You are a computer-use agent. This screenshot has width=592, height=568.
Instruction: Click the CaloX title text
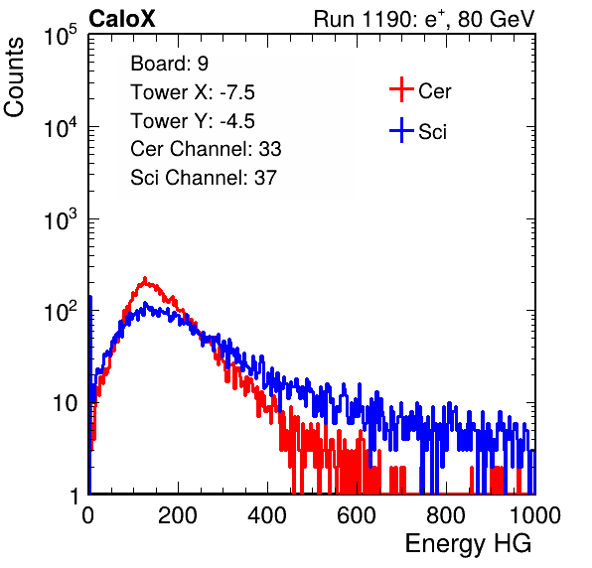(122, 19)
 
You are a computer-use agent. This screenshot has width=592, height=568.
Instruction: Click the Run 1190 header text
(424, 19)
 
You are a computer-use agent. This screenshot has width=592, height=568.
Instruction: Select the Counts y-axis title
(14, 77)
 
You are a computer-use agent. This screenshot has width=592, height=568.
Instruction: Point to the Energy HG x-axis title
(468, 544)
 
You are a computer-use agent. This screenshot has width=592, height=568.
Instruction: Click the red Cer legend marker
(401, 89)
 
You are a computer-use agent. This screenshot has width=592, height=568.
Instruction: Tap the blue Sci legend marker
(401, 131)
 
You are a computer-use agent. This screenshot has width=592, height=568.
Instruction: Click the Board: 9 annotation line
(169, 64)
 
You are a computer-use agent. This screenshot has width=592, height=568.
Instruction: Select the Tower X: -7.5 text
(193, 92)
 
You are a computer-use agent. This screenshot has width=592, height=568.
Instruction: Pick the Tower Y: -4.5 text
(193, 121)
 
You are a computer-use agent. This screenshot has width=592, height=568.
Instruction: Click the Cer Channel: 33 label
(206, 149)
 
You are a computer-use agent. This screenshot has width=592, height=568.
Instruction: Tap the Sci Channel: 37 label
(204, 178)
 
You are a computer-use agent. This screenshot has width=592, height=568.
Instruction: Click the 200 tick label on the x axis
(178, 515)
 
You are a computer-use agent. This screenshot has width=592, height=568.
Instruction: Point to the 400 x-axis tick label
(267, 515)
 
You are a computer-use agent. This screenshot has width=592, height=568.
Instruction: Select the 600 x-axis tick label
(357, 515)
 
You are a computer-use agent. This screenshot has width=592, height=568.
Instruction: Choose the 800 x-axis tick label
(446, 515)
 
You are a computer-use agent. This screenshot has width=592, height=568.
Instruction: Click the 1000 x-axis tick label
(535, 515)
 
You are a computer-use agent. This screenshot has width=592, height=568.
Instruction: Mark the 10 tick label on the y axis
(66, 403)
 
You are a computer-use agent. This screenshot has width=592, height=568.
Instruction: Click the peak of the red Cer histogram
(145, 278)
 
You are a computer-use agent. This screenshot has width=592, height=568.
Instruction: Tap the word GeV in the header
(513, 19)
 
